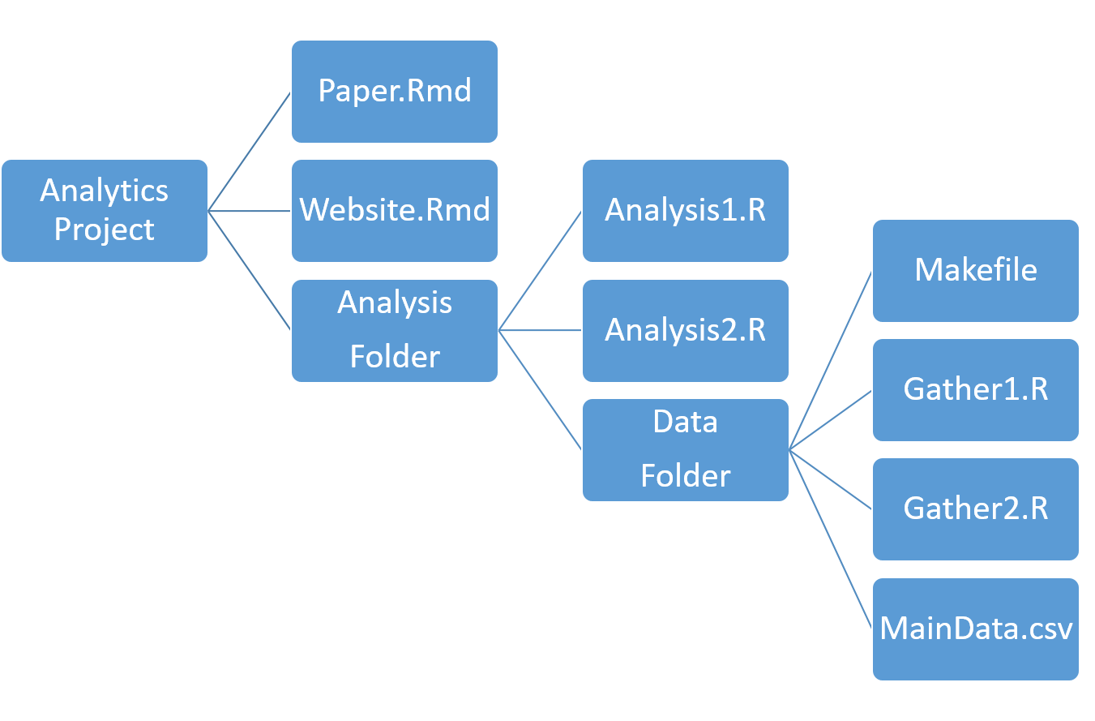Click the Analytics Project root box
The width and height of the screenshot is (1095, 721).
(105, 210)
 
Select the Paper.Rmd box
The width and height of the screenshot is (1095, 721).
(395, 91)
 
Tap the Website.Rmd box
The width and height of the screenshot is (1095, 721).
(395, 210)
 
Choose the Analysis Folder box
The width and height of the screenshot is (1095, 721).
(395, 330)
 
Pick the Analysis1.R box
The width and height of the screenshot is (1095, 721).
(686, 210)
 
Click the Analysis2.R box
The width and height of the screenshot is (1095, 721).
(686, 330)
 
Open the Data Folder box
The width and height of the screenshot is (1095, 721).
(686, 449)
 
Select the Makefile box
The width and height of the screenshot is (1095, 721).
(976, 270)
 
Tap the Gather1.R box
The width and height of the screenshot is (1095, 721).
(976, 389)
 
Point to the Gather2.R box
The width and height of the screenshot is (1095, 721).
(976, 509)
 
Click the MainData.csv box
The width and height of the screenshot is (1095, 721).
(976, 629)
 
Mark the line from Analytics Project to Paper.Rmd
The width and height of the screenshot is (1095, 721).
(250, 151)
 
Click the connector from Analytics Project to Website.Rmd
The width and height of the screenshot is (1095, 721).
(250, 211)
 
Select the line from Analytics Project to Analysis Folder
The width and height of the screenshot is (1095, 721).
(250, 270)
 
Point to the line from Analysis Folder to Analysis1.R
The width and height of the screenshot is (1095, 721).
(541, 270)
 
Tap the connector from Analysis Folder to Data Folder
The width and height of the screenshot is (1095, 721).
(541, 389)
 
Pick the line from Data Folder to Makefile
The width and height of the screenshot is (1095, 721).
(831, 359)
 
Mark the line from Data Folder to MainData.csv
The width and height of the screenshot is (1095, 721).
(831, 539)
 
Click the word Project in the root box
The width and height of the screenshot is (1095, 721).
(105, 230)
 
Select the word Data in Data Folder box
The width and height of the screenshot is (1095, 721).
(686, 422)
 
